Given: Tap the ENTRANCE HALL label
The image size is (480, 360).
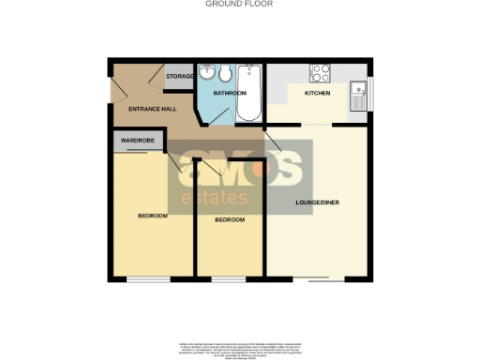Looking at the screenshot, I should point(140,110).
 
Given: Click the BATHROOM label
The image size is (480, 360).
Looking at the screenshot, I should point(229,94).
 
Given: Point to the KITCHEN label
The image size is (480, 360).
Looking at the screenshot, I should point(317,94).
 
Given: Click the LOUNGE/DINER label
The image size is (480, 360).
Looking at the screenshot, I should point(315,203).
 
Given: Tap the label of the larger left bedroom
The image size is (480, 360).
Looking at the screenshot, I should point(153,216).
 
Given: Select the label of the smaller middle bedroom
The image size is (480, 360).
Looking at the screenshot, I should point(230,219).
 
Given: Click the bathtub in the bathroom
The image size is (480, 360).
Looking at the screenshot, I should point(249,95).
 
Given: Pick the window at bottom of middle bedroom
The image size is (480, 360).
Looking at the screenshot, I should point(230,278).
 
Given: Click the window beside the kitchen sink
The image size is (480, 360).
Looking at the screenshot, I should point(368,94).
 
